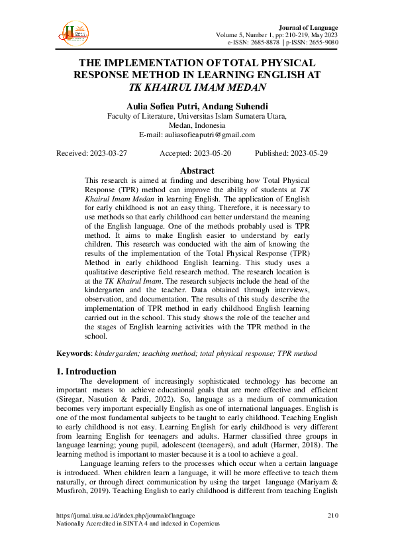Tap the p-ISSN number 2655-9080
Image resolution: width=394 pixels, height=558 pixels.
pos(321,42)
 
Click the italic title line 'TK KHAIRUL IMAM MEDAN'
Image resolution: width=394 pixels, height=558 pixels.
pos(197,87)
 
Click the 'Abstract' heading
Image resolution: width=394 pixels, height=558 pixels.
pos(197,170)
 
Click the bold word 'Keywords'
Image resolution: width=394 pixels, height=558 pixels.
pos(73,353)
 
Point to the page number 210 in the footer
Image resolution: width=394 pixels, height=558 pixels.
pos(332,515)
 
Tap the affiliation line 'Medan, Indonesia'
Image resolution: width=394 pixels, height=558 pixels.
pos(197,125)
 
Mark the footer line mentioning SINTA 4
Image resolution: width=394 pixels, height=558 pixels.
pos(138,524)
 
